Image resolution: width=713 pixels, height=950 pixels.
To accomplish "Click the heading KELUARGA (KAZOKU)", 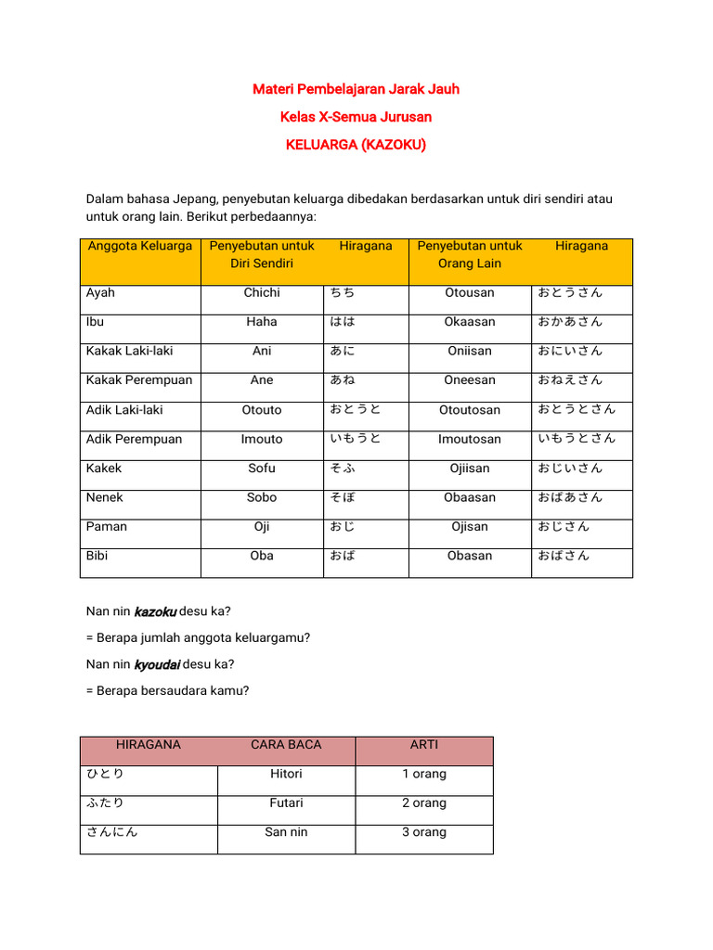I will click(x=356, y=145).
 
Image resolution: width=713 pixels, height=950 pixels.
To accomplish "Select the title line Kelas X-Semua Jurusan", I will click(x=356, y=117).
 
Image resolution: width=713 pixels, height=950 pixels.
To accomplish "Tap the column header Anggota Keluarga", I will click(x=140, y=246).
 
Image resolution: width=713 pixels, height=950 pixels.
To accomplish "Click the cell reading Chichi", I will click(x=262, y=292).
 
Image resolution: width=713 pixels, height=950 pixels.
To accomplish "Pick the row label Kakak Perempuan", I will click(x=139, y=379).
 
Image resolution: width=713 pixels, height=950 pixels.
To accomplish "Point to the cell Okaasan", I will click(x=469, y=322).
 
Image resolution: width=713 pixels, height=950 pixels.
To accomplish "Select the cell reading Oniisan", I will click(x=469, y=351).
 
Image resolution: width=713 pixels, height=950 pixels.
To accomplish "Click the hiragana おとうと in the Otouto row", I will click(x=356, y=409).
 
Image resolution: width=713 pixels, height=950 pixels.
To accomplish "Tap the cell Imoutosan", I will click(x=469, y=439).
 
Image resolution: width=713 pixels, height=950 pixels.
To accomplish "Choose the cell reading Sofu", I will click(x=262, y=468).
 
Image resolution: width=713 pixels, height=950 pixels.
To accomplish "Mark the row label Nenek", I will click(x=104, y=497).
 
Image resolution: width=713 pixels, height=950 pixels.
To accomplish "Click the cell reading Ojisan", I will click(x=469, y=526).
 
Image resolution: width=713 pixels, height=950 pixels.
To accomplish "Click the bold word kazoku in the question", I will click(x=155, y=611).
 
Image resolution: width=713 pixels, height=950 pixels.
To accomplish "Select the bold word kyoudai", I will click(x=157, y=665).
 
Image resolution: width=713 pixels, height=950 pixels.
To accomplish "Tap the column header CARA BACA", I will click(x=286, y=744).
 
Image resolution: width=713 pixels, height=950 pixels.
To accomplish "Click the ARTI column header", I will click(x=423, y=744).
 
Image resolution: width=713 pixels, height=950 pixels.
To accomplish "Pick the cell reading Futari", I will click(x=286, y=802).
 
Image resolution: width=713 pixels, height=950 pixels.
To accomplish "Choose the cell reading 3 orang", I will click(x=423, y=832).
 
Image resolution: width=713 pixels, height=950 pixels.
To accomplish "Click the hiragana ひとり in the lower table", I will click(x=105, y=774).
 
